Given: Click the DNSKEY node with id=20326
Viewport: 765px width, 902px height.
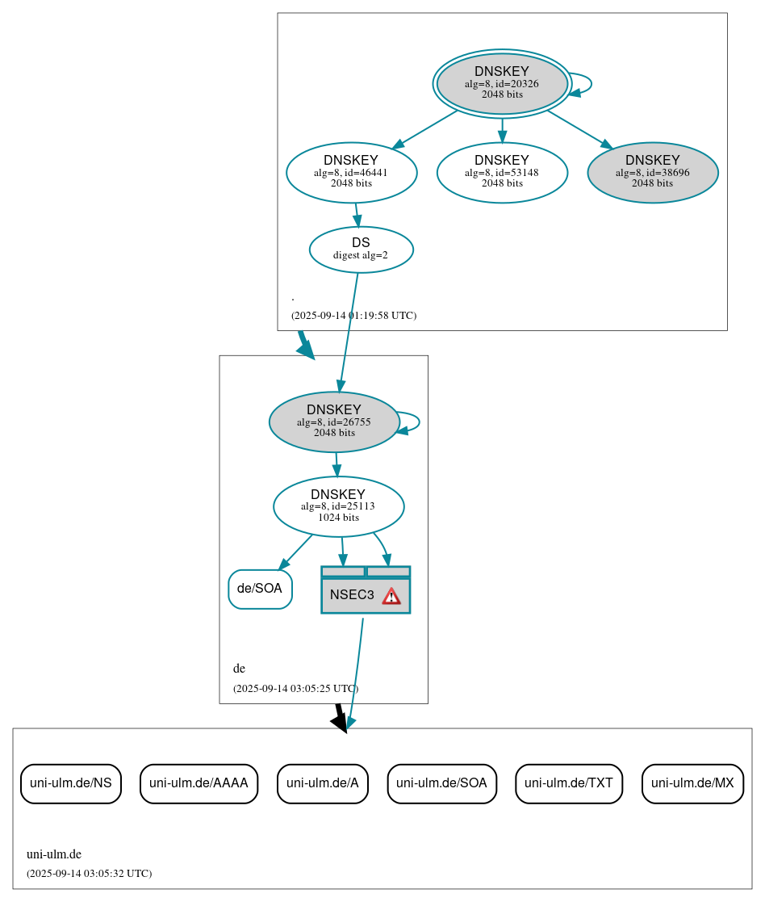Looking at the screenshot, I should click(501, 83).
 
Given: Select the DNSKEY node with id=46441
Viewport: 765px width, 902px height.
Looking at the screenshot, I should click(351, 171).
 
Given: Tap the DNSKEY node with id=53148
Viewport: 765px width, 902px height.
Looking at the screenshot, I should click(502, 171).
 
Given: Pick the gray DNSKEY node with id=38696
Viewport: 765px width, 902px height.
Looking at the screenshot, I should click(652, 171).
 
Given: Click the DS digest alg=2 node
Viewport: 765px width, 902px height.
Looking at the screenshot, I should click(361, 249).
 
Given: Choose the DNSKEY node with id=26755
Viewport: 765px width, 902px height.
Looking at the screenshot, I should click(334, 422).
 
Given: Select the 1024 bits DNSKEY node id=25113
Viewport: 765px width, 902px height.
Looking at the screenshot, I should click(338, 506).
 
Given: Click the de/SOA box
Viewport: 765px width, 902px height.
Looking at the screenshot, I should click(260, 589).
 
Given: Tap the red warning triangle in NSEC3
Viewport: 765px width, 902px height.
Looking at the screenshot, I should click(391, 596).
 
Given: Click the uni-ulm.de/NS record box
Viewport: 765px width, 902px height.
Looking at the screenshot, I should click(71, 783).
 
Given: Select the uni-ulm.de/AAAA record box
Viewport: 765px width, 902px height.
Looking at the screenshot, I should click(199, 783).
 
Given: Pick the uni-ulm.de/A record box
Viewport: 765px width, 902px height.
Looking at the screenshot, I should click(322, 783).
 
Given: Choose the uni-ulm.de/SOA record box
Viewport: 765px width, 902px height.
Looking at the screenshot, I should click(441, 783).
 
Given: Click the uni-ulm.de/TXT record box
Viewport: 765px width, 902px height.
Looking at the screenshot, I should click(569, 783).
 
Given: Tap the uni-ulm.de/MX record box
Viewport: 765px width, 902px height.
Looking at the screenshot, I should click(692, 783).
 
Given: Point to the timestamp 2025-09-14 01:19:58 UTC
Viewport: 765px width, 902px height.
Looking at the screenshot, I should click(353, 316).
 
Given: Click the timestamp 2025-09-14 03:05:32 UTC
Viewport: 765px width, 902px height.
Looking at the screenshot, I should click(89, 874).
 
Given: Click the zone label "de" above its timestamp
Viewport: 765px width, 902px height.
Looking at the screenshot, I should click(239, 669).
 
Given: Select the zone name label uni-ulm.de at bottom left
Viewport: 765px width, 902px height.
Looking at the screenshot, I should click(54, 854).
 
